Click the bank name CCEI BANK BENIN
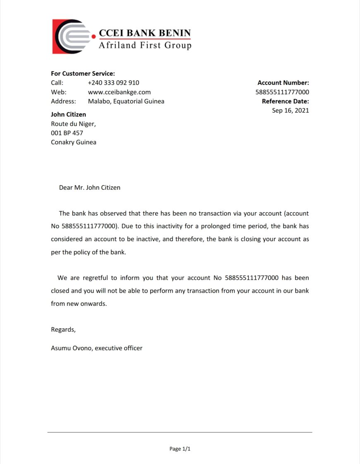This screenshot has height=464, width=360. pyautogui.click(x=145, y=33)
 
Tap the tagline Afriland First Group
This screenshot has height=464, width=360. pyautogui.click(x=145, y=45)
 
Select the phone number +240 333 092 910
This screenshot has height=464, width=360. pyautogui.click(x=113, y=82)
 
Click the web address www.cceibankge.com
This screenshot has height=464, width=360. pyautogui.click(x=119, y=92)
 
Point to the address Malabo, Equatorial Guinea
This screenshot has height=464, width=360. pyautogui.click(x=126, y=101)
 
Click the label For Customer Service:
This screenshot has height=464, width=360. pyautogui.click(x=83, y=73)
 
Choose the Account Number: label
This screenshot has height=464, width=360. pyautogui.click(x=283, y=82)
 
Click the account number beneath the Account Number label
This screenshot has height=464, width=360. pyautogui.click(x=282, y=92)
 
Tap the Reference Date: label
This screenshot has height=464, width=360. pyautogui.click(x=285, y=101)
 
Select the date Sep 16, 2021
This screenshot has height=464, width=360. pyautogui.click(x=290, y=110)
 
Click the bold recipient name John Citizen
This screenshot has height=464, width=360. pyautogui.click(x=68, y=114)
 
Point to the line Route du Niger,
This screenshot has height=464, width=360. pyautogui.click(x=73, y=123)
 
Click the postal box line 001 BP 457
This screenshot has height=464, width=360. pyautogui.click(x=67, y=133)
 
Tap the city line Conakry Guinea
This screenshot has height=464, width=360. pyautogui.click(x=73, y=142)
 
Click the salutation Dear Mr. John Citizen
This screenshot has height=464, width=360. pyautogui.click(x=89, y=188)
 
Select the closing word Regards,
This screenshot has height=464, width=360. pyautogui.click(x=63, y=329)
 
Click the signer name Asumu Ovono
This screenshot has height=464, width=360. pyautogui.click(x=72, y=348)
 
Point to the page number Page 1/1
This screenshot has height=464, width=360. pyautogui.click(x=180, y=449)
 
